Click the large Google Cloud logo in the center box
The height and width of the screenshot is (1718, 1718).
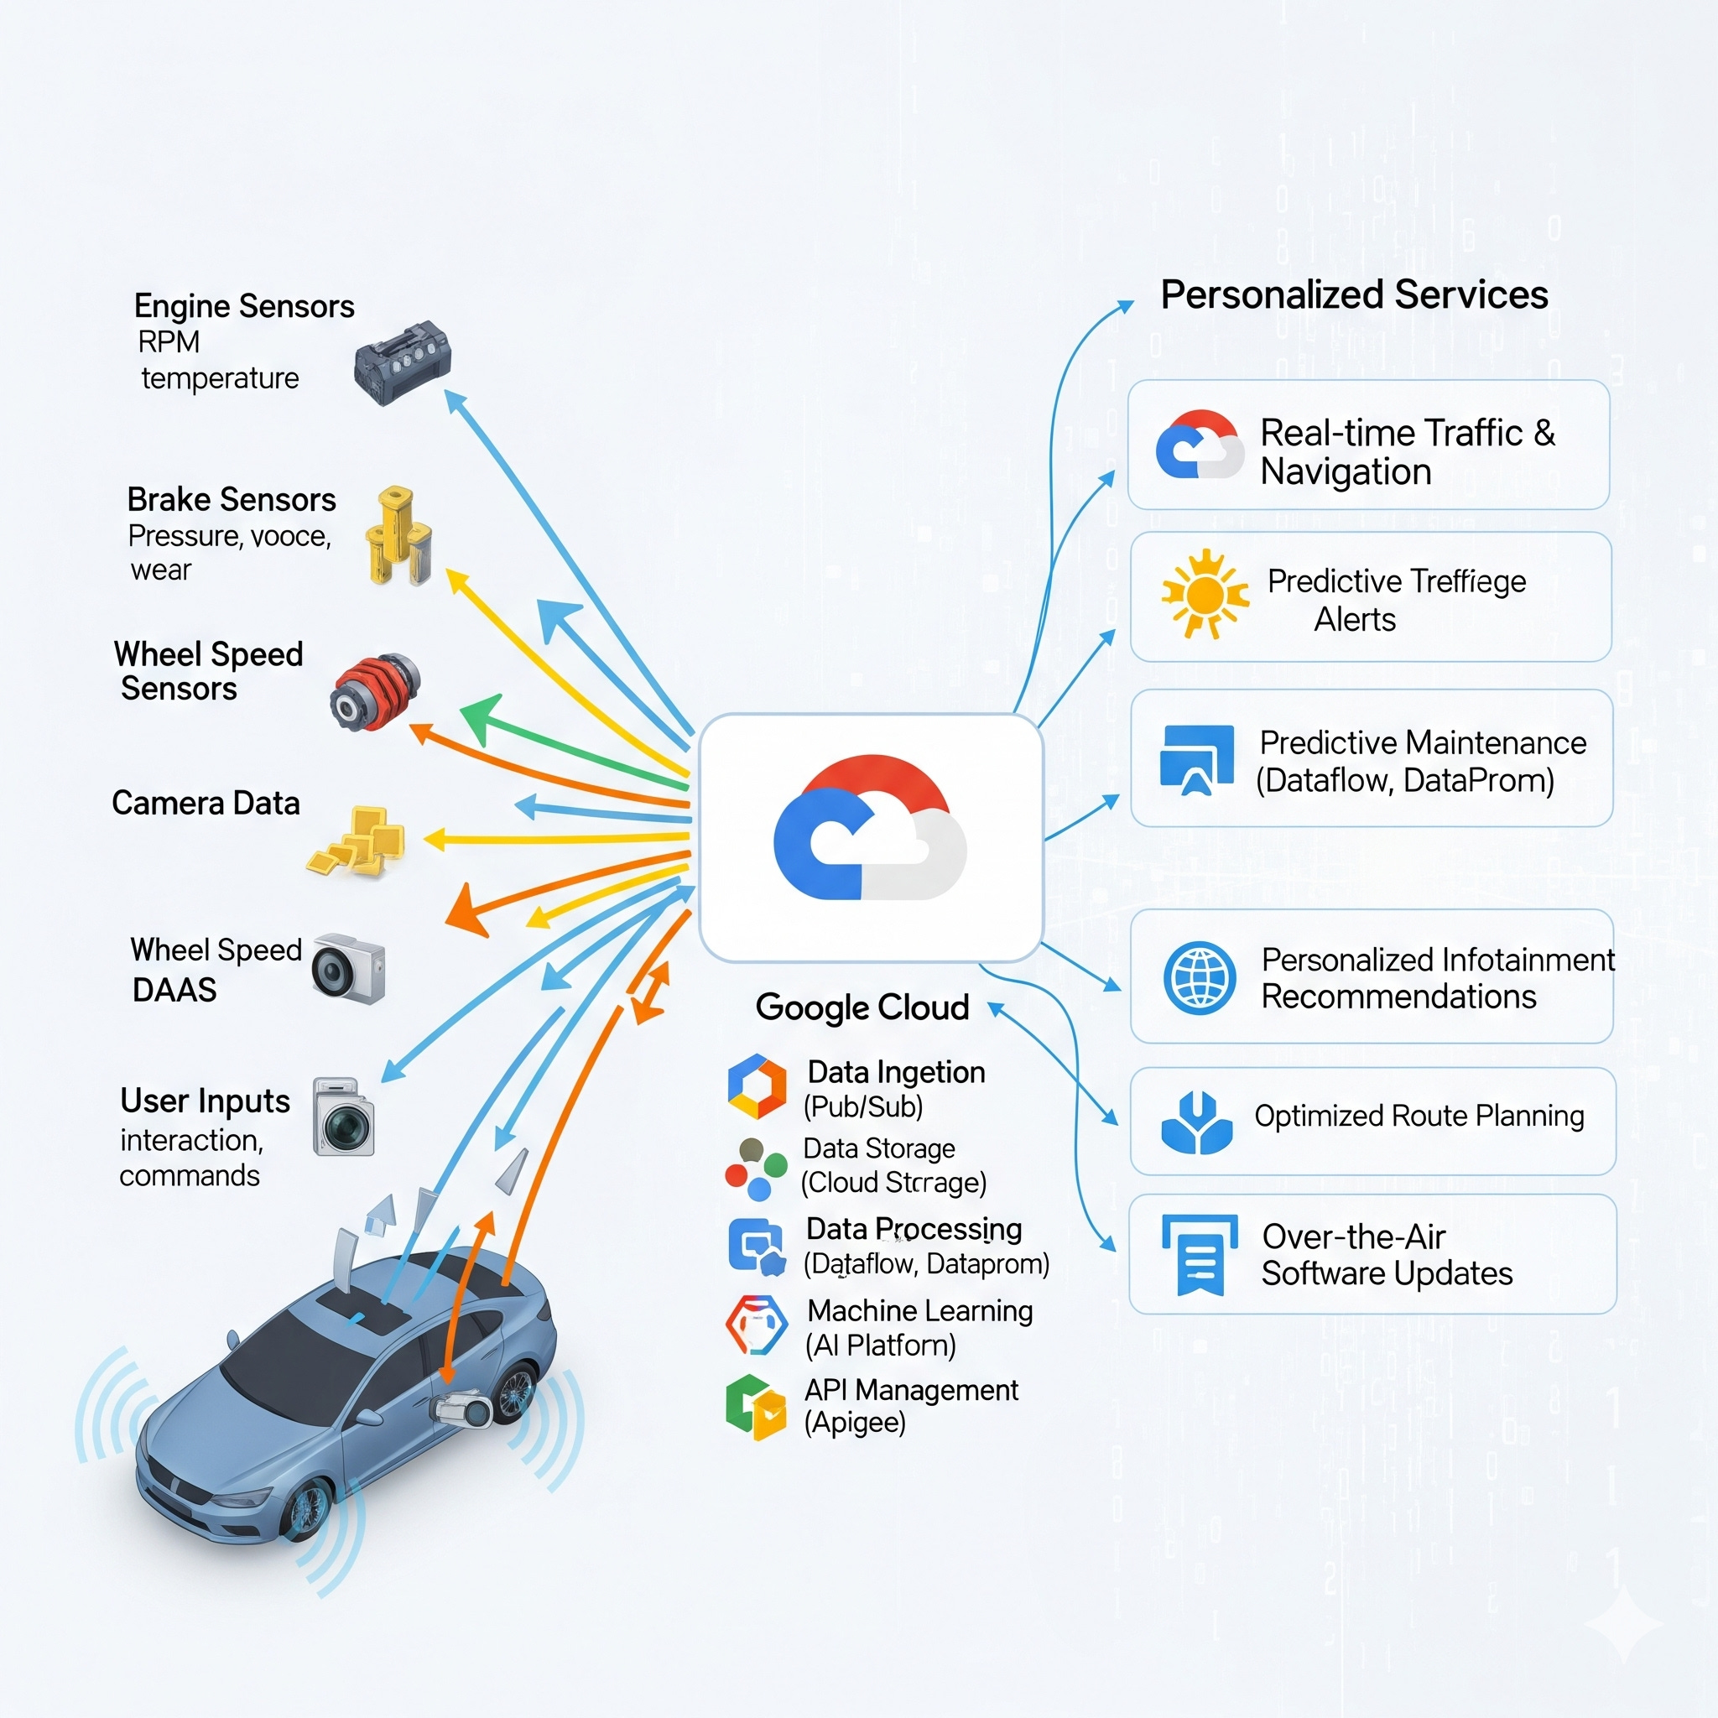tap(870, 829)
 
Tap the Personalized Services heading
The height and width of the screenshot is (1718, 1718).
tap(1353, 295)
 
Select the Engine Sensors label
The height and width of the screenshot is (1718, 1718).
tap(243, 307)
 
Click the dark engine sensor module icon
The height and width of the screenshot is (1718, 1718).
tap(402, 362)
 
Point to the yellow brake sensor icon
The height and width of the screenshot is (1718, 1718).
tap(398, 535)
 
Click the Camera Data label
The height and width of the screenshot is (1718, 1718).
tap(206, 803)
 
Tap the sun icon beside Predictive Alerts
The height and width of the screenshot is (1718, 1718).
tap(1204, 593)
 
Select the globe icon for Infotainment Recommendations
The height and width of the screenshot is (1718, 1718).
tap(1199, 978)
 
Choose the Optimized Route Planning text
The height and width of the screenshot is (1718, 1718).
tap(1419, 1116)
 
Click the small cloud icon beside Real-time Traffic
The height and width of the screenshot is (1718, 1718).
tap(1199, 445)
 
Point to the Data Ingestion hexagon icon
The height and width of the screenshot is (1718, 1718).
tap(757, 1086)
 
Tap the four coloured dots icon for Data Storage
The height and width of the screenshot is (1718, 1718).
tap(756, 1169)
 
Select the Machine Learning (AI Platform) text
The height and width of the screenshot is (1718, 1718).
tap(919, 1328)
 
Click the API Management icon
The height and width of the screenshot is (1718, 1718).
tap(756, 1407)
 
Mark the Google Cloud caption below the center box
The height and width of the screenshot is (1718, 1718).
tap(862, 1007)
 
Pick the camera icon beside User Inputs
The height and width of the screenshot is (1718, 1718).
tap(344, 1117)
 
